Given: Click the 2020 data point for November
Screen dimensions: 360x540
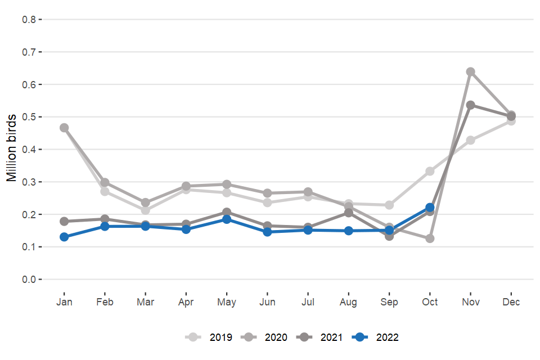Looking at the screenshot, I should click(470, 72).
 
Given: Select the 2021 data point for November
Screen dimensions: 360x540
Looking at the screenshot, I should click(470, 105).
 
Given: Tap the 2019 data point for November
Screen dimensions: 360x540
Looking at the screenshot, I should click(470, 140).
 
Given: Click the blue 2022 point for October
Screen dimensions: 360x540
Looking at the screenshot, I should click(430, 208).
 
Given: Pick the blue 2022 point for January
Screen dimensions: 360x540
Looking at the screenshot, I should click(64, 237).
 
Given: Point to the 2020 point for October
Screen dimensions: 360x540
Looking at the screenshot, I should click(430, 238).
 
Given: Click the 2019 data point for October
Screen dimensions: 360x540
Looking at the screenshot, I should click(430, 171).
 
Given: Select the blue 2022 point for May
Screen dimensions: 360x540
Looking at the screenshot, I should click(227, 219).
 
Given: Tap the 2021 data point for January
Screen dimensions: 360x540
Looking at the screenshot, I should click(64, 221).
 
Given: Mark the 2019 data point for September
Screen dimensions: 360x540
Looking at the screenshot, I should click(389, 205).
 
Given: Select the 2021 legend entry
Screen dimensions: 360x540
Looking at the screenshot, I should click(323, 337).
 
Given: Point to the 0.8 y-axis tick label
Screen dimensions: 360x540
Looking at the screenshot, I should click(29, 19).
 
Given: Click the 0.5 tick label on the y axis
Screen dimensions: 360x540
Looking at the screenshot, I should click(29, 117).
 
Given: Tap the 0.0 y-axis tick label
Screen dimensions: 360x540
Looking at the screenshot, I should click(29, 280).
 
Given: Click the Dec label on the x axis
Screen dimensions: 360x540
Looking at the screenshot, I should click(511, 303).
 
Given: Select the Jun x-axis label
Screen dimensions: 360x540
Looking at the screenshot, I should click(267, 303).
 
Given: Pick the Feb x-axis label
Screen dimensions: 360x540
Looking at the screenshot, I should click(105, 303).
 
